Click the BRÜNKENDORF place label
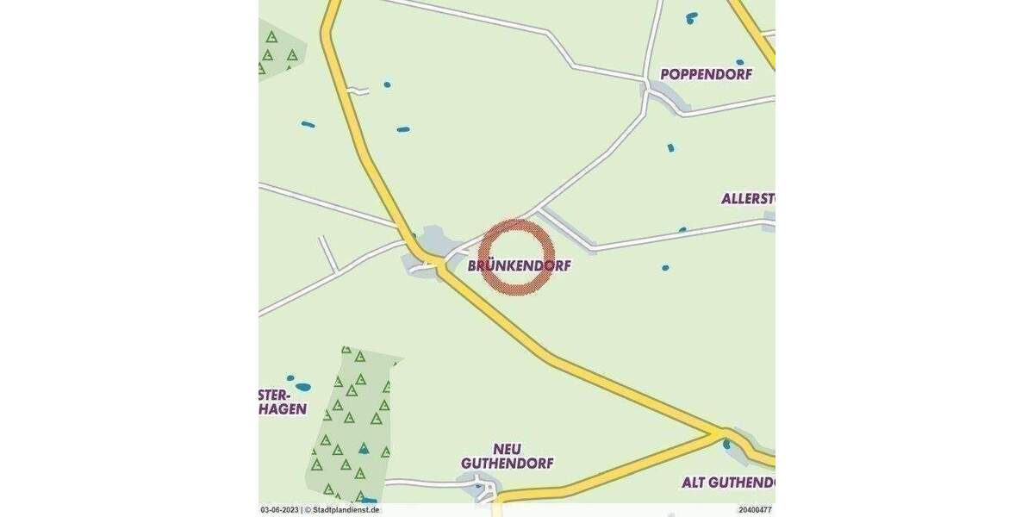click(519, 266)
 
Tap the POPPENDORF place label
click(706, 74)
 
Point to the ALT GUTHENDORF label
click(728, 482)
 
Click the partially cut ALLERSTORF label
click(748, 198)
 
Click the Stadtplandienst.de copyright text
click(342, 510)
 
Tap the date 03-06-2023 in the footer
click(279, 510)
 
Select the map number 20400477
click(755, 510)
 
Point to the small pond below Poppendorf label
click(670, 147)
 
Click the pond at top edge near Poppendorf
click(691, 16)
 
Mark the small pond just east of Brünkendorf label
click(665, 268)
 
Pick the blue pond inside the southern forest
click(364, 449)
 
